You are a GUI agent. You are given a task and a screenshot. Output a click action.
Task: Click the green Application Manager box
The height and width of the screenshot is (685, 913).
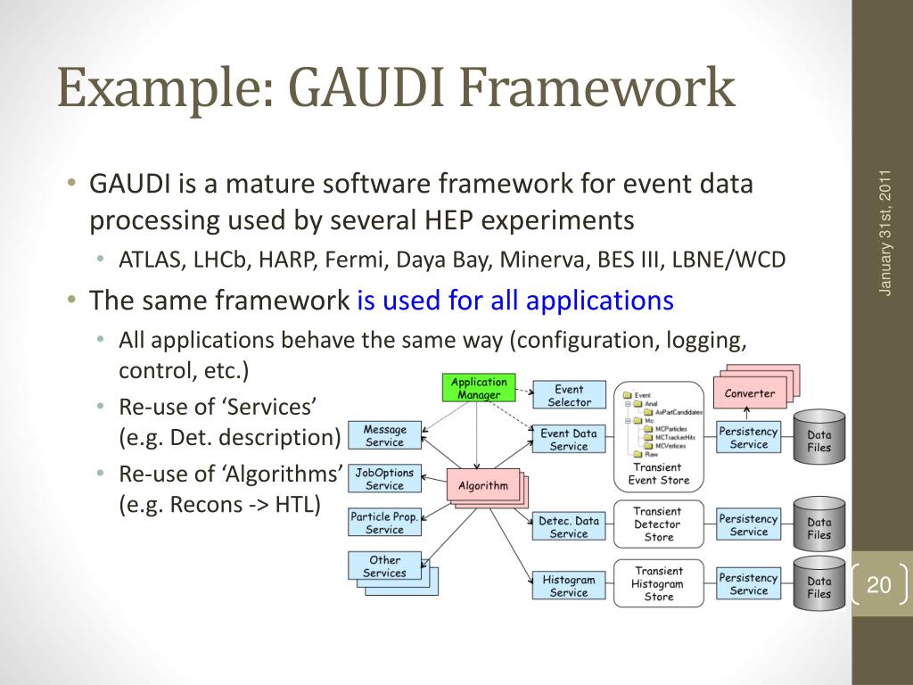click(479, 388)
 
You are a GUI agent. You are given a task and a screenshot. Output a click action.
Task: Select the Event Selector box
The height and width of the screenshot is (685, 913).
click(569, 395)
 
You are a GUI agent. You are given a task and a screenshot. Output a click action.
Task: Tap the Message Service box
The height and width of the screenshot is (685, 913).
click(384, 436)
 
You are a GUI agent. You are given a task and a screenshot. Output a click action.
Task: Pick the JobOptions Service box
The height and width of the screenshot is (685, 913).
click(384, 480)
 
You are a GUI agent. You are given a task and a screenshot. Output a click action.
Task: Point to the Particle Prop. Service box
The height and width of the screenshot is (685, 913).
click(384, 523)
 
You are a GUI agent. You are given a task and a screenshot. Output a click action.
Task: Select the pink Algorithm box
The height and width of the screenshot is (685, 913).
click(482, 486)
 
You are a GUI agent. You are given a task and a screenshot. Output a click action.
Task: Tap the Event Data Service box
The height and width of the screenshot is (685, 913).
click(569, 440)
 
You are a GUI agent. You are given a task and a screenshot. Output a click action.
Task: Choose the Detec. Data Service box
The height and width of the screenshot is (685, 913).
click(569, 527)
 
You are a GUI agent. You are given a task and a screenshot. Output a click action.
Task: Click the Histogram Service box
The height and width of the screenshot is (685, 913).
click(569, 586)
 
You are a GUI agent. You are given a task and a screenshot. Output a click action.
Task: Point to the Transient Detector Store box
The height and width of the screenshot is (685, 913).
click(658, 524)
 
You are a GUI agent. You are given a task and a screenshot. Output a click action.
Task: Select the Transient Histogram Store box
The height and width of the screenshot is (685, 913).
click(658, 584)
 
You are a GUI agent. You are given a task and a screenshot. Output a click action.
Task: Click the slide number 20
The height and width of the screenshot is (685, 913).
click(879, 585)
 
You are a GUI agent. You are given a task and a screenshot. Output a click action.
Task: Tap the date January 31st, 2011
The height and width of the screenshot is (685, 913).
click(885, 232)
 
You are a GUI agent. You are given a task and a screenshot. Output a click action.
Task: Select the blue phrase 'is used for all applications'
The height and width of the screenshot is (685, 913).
click(515, 301)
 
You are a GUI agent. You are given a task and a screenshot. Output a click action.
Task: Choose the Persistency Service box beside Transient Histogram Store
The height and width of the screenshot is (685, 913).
click(749, 584)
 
